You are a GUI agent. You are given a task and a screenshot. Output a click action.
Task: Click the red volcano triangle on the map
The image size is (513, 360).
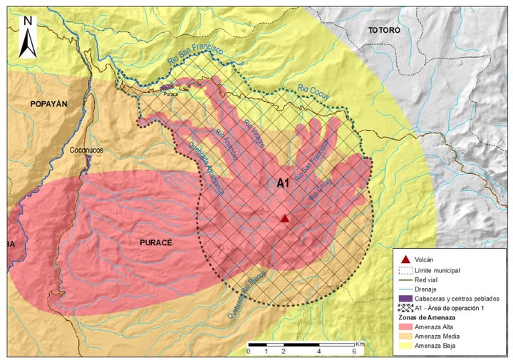coord(285,219)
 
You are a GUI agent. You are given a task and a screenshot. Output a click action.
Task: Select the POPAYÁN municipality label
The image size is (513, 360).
coord(48,104)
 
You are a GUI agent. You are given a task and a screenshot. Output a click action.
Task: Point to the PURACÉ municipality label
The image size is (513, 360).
coord(150,242)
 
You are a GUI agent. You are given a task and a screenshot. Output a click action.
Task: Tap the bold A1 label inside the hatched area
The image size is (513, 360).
coord(283,183)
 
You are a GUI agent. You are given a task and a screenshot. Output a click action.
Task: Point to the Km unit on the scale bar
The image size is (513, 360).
coord(361,344)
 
